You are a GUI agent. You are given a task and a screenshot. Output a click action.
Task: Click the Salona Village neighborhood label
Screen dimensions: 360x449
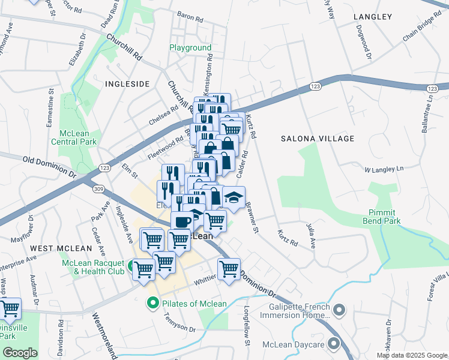point(318,139)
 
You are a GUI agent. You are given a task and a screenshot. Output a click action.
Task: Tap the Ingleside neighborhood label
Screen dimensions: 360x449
point(127,84)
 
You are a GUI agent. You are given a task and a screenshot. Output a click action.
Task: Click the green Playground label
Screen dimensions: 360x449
point(190,47)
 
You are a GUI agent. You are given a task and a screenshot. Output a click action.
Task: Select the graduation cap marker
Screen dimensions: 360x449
point(234,196)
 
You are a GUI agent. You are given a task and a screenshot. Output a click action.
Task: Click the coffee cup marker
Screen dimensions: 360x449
point(182,221)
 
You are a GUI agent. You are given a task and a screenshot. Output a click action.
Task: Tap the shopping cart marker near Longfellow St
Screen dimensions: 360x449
point(229,268)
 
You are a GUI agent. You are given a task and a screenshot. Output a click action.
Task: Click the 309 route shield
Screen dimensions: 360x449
point(98,189)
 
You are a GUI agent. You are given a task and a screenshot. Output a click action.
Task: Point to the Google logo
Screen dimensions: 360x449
point(20,353)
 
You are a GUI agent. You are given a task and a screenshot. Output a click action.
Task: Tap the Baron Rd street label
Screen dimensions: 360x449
point(190,17)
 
